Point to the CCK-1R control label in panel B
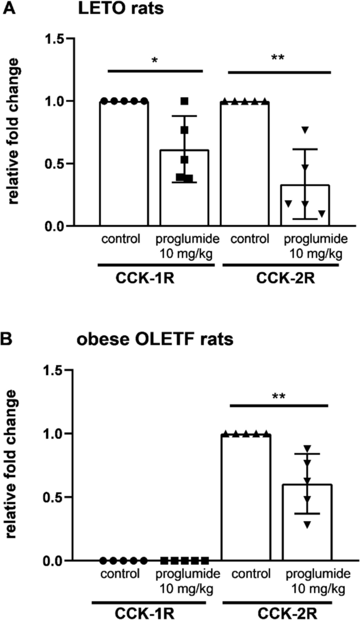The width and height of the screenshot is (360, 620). (x=121, y=574)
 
